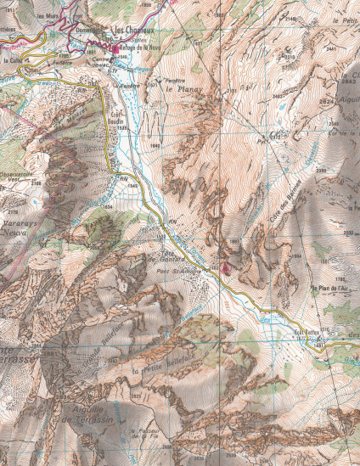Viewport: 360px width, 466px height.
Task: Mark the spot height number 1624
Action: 107,205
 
